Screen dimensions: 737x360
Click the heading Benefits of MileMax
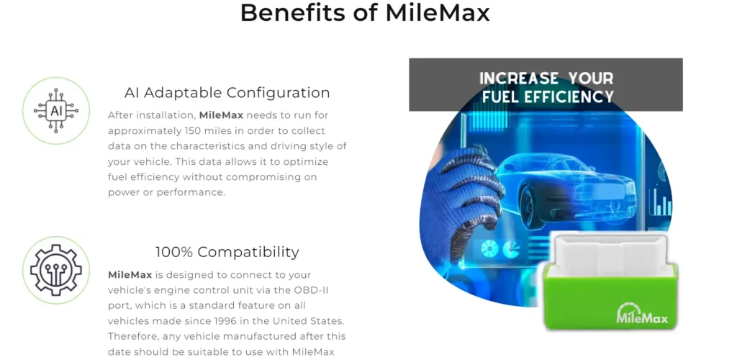[365, 13]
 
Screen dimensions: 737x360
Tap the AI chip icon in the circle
[56, 111]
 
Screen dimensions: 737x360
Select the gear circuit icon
[56, 270]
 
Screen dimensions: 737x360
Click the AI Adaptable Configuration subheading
[227, 92]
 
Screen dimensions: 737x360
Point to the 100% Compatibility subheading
[227, 252]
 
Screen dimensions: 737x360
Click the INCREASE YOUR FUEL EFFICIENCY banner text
[546, 87]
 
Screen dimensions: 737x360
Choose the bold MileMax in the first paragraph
[221, 115]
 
